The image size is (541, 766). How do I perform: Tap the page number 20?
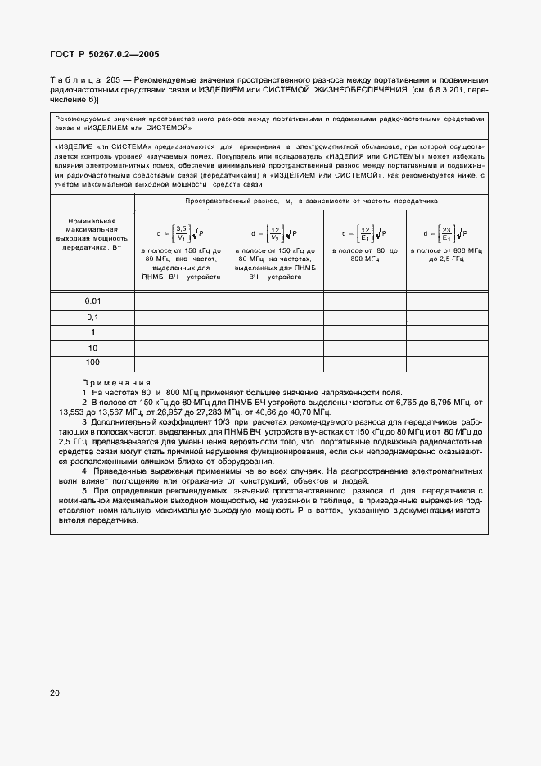pyautogui.click(x=55, y=692)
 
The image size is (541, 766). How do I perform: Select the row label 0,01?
pyautogui.click(x=92, y=301)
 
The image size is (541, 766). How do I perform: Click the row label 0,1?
pyautogui.click(x=92, y=317)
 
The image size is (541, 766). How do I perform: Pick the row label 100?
pyautogui.click(x=92, y=362)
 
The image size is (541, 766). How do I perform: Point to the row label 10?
pyautogui.click(x=92, y=347)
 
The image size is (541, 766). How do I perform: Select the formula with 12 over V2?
pyautogui.click(x=274, y=231)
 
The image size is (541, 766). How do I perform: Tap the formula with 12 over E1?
pyautogui.click(x=365, y=231)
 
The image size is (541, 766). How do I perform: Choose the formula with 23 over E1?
pyautogui.click(x=445, y=231)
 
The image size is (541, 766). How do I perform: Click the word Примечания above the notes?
pyautogui.click(x=116, y=383)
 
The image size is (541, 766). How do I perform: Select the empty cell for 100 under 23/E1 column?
pyautogui.click(x=445, y=362)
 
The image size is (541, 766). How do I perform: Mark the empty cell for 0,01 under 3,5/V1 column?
pyautogui.click(x=180, y=301)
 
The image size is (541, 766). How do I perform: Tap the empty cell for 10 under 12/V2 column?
pyautogui.click(x=275, y=347)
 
